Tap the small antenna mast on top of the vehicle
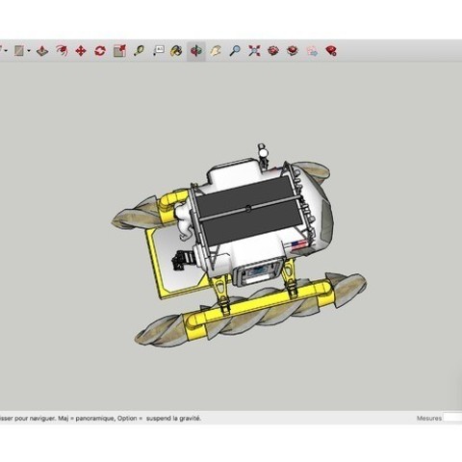click(x=261, y=154)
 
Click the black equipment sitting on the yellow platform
click(x=181, y=260)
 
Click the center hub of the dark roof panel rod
click(x=247, y=208)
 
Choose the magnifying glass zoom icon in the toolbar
click(x=235, y=51)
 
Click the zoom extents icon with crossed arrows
click(x=254, y=51)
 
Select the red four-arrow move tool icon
click(x=80, y=51)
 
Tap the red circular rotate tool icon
click(x=99, y=51)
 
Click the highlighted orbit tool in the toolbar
click(x=195, y=51)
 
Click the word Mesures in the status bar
click(x=429, y=419)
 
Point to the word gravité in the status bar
click(x=187, y=419)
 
